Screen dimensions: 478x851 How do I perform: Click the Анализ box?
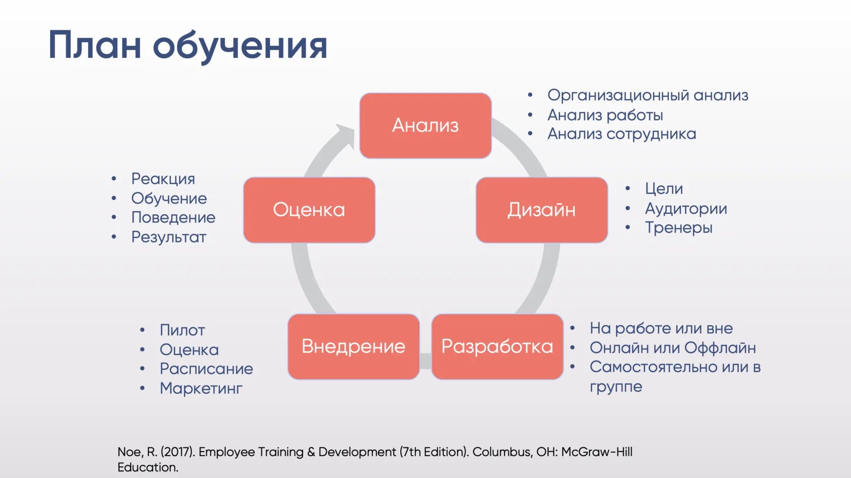[x=425, y=126]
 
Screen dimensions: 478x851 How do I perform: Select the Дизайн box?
[x=541, y=210]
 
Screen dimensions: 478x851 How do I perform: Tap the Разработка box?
[x=497, y=346]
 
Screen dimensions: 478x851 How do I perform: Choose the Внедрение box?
[x=354, y=346]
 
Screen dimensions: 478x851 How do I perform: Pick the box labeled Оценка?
[x=309, y=210]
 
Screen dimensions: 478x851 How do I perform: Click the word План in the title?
[x=94, y=46]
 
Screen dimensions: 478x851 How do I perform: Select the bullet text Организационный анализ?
[x=647, y=95]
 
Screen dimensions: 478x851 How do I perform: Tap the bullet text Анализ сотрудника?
[x=622, y=134]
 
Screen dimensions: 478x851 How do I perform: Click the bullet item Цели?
[x=664, y=189]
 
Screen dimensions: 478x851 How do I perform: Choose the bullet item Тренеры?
[x=678, y=228]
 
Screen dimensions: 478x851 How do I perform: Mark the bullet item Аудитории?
[x=686, y=209]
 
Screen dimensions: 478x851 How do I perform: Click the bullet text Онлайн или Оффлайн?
[x=672, y=348]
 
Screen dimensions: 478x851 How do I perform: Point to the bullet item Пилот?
[x=182, y=330]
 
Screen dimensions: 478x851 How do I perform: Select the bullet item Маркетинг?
[x=201, y=388]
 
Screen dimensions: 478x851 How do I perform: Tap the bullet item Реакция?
[x=163, y=179]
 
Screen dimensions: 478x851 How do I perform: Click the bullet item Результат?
[x=169, y=237]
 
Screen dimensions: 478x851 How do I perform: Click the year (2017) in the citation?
[x=178, y=452]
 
